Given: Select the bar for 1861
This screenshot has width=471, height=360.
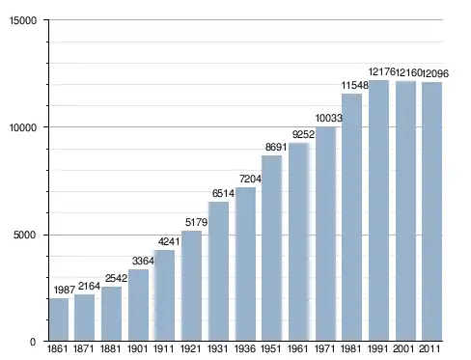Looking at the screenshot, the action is tap(59, 319).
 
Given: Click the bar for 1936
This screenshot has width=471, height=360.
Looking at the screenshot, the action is tap(245, 263).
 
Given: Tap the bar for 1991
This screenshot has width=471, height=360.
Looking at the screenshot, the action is tap(378, 210).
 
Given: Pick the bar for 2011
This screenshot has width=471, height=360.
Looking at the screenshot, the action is tap(432, 211).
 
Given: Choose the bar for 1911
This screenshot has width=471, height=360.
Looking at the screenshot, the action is tap(165, 295).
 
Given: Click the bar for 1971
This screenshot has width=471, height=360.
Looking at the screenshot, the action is tap(325, 234).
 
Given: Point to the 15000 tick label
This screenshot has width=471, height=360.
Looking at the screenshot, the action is tap(23, 20).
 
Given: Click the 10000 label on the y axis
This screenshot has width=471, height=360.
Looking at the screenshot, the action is tap(23, 127).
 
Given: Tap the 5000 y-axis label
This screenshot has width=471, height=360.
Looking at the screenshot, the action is tap(25, 235).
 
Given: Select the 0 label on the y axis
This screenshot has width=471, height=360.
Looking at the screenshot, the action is tap(33, 342).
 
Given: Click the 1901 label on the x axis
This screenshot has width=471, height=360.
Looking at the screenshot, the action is tap(137, 348).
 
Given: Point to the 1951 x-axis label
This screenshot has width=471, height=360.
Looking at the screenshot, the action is tap(271, 348).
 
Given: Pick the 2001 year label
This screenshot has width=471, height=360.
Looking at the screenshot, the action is tap(403, 348).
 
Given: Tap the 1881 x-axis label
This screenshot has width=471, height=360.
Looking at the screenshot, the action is tap(110, 348).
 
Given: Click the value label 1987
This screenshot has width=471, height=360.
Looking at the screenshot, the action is tap(65, 290).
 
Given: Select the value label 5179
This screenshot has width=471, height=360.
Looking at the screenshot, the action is tap(196, 222).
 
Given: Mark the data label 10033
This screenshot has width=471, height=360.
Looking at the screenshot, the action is tap(328, 118).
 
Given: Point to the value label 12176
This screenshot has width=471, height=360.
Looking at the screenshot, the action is tap(381, 71).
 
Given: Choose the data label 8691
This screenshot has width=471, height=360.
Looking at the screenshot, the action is tap(276, 147).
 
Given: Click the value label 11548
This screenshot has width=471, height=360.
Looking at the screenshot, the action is tap(354, 85).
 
